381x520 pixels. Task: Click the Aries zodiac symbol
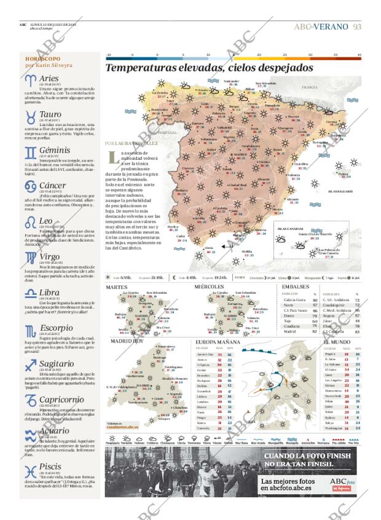tap(30, 79)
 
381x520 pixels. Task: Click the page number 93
tap(357, 26)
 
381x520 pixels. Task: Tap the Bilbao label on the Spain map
tap(251, 89)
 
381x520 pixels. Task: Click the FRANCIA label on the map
tap(310, 88)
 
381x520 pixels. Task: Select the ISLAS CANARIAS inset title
tap(288, 228)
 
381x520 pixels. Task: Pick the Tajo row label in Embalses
tap(288, 321)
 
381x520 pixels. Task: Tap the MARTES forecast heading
tap(116, 286)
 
